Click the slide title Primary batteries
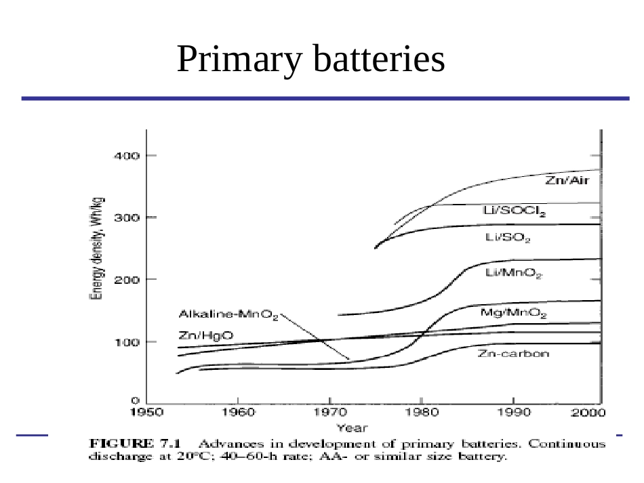pyautogui.click(x=310, y=60)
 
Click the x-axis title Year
pyautogui.click(x=353, y=427)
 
